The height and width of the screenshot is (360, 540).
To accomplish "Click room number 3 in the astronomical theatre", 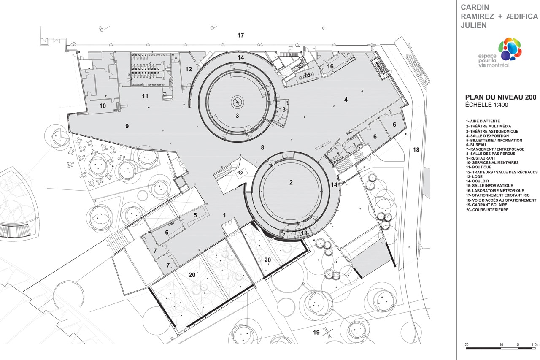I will pyautogui.click(x=237, y=115).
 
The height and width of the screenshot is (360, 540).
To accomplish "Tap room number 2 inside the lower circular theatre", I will pyautogui.click(x=291, y=182).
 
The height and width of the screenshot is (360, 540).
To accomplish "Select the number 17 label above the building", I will pyautogui.click(x=240, y=35).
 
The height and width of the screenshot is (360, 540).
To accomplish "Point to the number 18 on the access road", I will pyautogui.click(x=416, y=150).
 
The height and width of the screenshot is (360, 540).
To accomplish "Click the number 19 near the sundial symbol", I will pyautogui.click(x=316, y=333).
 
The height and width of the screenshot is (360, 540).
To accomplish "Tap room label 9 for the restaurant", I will pyautogui.click(x=127, y=126).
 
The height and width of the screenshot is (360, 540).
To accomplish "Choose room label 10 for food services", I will pyautogui.click(x=103, y=106).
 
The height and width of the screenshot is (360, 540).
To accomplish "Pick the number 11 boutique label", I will pyautogui.click(x=145, y=96).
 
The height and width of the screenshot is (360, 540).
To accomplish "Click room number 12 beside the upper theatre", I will pyautogui.click(x=189, y=69).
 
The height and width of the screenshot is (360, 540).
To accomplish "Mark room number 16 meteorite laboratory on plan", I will pyautogui.click(x=330, y=66).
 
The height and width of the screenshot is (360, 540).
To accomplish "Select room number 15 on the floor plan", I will pyautogui.click(x=307, y=75).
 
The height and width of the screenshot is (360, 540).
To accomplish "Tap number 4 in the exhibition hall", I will pyautogui.click(x=346, y=100).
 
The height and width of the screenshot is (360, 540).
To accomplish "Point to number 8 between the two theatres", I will pyautogui.click(x=262, y=147).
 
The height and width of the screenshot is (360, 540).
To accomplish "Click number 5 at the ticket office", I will pyautogui.click(x=195, y=215).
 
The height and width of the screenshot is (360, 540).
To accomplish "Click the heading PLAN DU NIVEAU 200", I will pyautogui.click(x=500, y=97).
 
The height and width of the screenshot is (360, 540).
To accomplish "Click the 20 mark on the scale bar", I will pyautogui.click(x=467, y=345).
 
